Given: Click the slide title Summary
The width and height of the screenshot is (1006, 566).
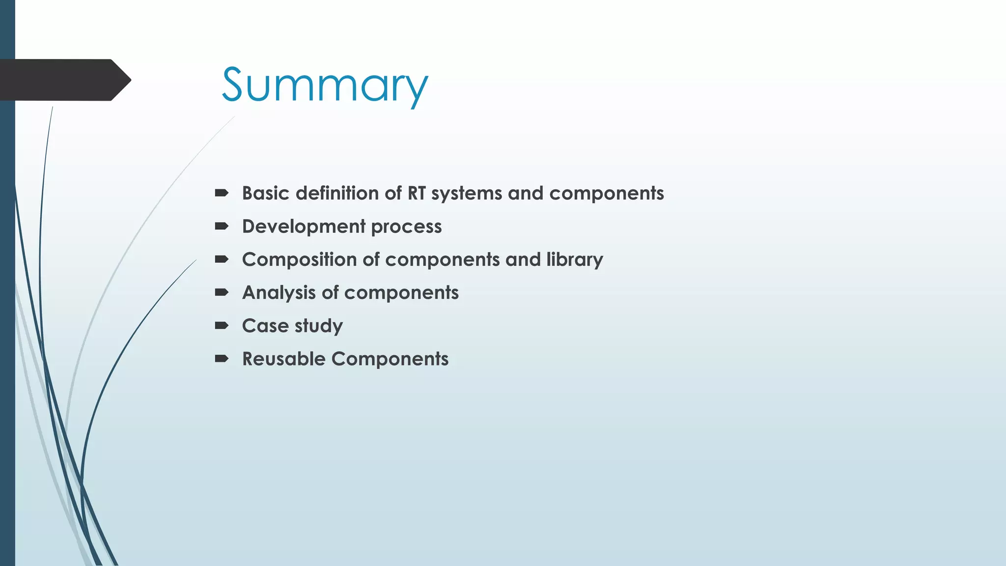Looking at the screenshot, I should [325, 85].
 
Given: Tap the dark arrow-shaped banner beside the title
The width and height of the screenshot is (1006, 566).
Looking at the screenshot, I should [64, 80].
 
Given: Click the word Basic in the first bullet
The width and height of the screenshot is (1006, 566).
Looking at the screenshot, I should [266, 193].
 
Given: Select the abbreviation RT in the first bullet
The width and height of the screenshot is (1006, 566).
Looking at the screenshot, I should [417, 193].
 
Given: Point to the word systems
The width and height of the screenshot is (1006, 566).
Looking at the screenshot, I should [467, 194].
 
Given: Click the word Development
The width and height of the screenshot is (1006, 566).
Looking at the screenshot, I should [304, 226].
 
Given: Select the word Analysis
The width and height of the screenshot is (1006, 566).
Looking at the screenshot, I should [279, 293].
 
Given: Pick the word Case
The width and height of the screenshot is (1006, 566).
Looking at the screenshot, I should [265, 326].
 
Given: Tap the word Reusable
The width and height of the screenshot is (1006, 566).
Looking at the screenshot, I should [284, 359].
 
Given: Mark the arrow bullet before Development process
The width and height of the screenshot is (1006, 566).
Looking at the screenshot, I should [222, 226].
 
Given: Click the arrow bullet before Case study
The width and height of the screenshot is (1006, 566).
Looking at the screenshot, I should [222, 325].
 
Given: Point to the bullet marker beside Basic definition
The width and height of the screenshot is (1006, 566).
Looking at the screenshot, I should [222, 193].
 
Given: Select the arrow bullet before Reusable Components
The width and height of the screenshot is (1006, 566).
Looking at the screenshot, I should [222, 358].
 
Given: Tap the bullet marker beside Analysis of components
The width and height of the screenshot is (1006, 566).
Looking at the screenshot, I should [222, 292].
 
